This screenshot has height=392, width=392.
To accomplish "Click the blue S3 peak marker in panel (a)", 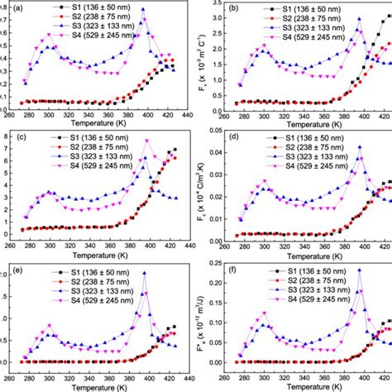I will pos(142,10).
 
